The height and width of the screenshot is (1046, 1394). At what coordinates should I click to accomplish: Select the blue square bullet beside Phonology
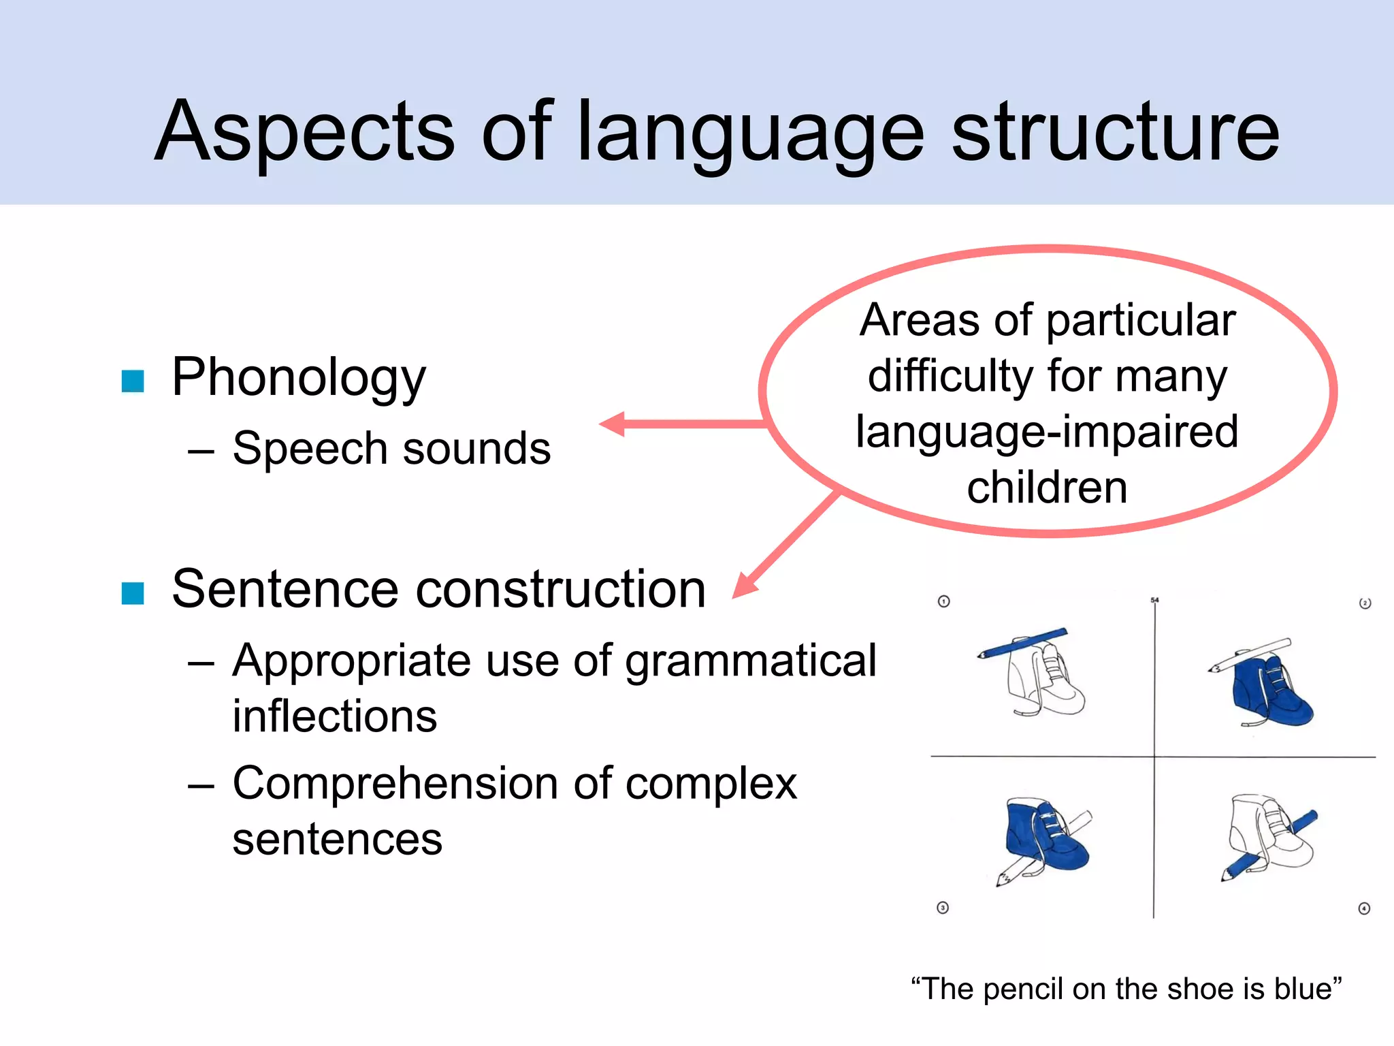133,381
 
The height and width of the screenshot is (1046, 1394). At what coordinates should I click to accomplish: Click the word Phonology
298,378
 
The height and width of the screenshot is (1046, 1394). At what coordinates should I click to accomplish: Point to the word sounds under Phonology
476,449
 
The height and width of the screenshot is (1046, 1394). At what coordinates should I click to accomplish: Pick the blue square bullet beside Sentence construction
133,593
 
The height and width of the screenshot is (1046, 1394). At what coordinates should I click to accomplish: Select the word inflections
334,716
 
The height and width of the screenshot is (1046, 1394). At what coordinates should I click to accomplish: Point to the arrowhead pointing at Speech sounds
613,424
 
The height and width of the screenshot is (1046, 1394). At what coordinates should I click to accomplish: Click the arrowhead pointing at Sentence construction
745,586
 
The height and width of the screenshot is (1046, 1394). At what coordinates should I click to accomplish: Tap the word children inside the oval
1047,488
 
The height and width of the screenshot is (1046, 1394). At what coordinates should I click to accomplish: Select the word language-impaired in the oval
1047,432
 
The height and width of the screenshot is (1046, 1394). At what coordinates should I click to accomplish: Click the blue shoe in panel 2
1269,691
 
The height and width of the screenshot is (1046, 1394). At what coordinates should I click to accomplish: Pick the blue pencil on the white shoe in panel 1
1021,644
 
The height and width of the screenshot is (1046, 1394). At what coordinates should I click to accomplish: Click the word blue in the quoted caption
1308,989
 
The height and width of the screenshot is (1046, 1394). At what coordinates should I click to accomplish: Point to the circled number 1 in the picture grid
943,601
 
